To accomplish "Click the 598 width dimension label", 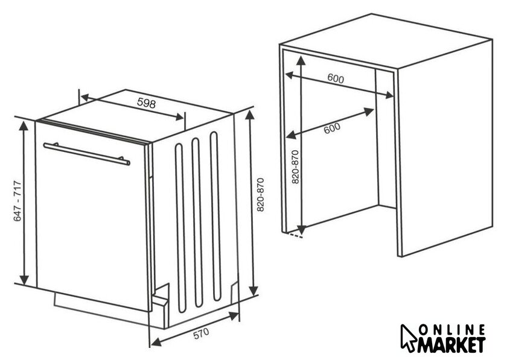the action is [147, 103].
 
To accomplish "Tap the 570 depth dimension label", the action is [201, 333].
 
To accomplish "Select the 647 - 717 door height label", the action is [17, 201].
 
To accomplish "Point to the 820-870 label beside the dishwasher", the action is [261, 195].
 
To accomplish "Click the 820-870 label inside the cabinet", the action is [295, 167].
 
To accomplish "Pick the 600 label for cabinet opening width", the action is [336, 78].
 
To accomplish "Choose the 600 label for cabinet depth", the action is [332, 128].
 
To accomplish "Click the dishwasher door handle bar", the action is [87, 154].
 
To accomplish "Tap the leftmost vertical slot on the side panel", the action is [180, 228].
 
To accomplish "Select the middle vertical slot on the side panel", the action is [197, 223].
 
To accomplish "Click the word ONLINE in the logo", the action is [452, 330].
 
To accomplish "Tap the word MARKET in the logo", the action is [452, 345].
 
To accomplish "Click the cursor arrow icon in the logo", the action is [409, 338].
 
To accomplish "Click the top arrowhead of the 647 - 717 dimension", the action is [24, 125].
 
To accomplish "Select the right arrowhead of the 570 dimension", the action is [234, 315].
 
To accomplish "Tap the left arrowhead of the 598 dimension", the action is [85, 97].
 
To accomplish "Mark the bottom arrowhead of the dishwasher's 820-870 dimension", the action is [254, 290].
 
